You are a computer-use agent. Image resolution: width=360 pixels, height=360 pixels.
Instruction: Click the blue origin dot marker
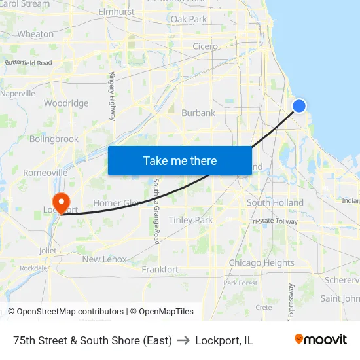pyautogui.click(x=299, y=105)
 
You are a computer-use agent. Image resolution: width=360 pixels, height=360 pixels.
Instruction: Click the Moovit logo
pyautogui.click(x=321, y=340)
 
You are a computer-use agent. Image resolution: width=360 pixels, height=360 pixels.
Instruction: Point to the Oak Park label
pyautogui.click(x=189, y=20)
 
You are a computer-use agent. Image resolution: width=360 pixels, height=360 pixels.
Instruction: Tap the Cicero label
pyautogui.click(x=205, y=46)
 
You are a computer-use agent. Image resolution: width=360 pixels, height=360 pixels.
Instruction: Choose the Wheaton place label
pyautogui.click(x=35, y=34)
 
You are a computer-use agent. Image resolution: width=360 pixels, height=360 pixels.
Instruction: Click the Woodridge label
pyautogui.click(x=66, y=103)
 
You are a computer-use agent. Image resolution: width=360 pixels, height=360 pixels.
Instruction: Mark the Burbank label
pyautogui.click(x=198, y=113)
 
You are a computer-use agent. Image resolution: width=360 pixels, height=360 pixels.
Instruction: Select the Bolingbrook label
pyautogui.click(x=54, y=139)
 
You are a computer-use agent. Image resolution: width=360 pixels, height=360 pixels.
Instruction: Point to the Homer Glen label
pyautogui.click(x=117, y=203)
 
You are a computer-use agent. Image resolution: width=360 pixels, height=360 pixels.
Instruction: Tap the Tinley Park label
pyautogui.click(x=190, y=220)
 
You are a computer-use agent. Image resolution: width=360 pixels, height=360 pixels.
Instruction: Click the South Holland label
pyautogui.click(x=275, y=203)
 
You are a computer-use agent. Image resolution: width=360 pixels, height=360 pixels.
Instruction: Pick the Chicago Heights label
pyautogui.click(x=261, y=263)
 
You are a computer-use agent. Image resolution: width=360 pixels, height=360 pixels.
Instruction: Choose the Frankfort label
pyautogui.click(x=160, y=269)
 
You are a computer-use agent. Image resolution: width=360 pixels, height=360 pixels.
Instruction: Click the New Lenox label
pyautogui.click(x=104, y=259)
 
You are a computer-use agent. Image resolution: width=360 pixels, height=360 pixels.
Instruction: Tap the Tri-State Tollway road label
pyautogui.click(x=273, y=221)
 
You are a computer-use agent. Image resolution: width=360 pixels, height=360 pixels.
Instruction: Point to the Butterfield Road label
pyautogui.click(x=28, y=63)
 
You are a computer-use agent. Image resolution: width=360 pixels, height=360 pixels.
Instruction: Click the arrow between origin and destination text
pyautogui.click(x=183, y=340)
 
